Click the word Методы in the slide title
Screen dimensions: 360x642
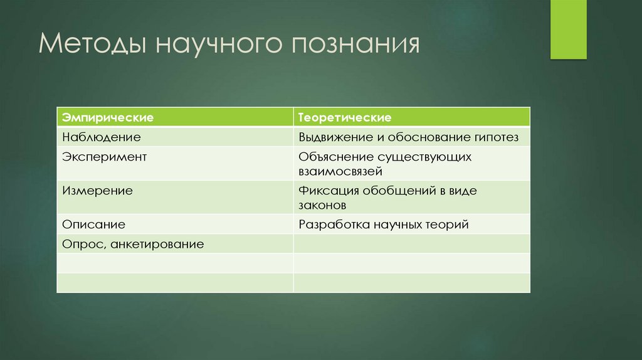(x=91, y=46)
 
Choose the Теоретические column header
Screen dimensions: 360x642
(x=345, y=117)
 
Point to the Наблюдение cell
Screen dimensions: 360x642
(x=101, y=136)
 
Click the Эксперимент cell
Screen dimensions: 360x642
(x=104, y=157)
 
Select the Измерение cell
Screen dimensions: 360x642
(x=97, y=191)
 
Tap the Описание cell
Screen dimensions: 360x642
(x=93, y=224)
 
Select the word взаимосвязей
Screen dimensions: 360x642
(x=340, y=171)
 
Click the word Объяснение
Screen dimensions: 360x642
(x=332, y=157)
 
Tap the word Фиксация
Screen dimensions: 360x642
(x=326, y=191)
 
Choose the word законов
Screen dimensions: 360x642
(x=322, y=204)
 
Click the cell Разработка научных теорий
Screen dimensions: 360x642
(x=384, y=224)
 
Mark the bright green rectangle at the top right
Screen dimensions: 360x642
(x=568, y=29)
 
